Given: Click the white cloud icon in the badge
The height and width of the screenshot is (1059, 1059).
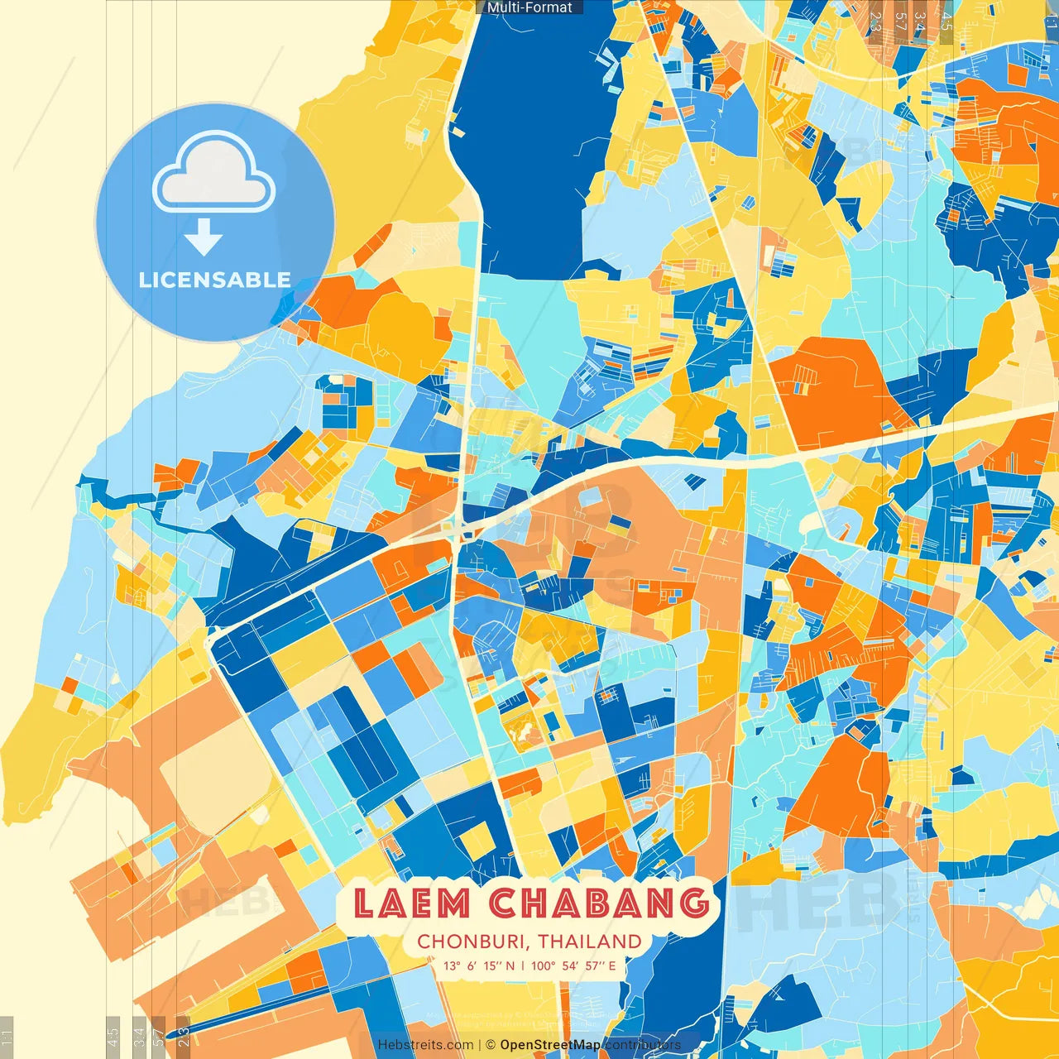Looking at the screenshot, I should coord(214,174).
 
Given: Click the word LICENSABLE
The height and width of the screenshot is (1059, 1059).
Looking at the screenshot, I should coord(215,280).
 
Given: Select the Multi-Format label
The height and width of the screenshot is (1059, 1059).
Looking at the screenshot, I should coord(529,7).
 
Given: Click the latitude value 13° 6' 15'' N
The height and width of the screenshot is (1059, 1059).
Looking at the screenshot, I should coord(478,966).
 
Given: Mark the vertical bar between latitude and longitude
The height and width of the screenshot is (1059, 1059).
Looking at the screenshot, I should coord(523,966).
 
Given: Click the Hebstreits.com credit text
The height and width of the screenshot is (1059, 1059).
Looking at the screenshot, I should coord(425,1045).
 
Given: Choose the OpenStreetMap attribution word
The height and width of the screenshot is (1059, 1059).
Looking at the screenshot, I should coord(550,1045).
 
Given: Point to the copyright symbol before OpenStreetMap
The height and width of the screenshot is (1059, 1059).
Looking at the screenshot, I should coord(491,1045).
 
